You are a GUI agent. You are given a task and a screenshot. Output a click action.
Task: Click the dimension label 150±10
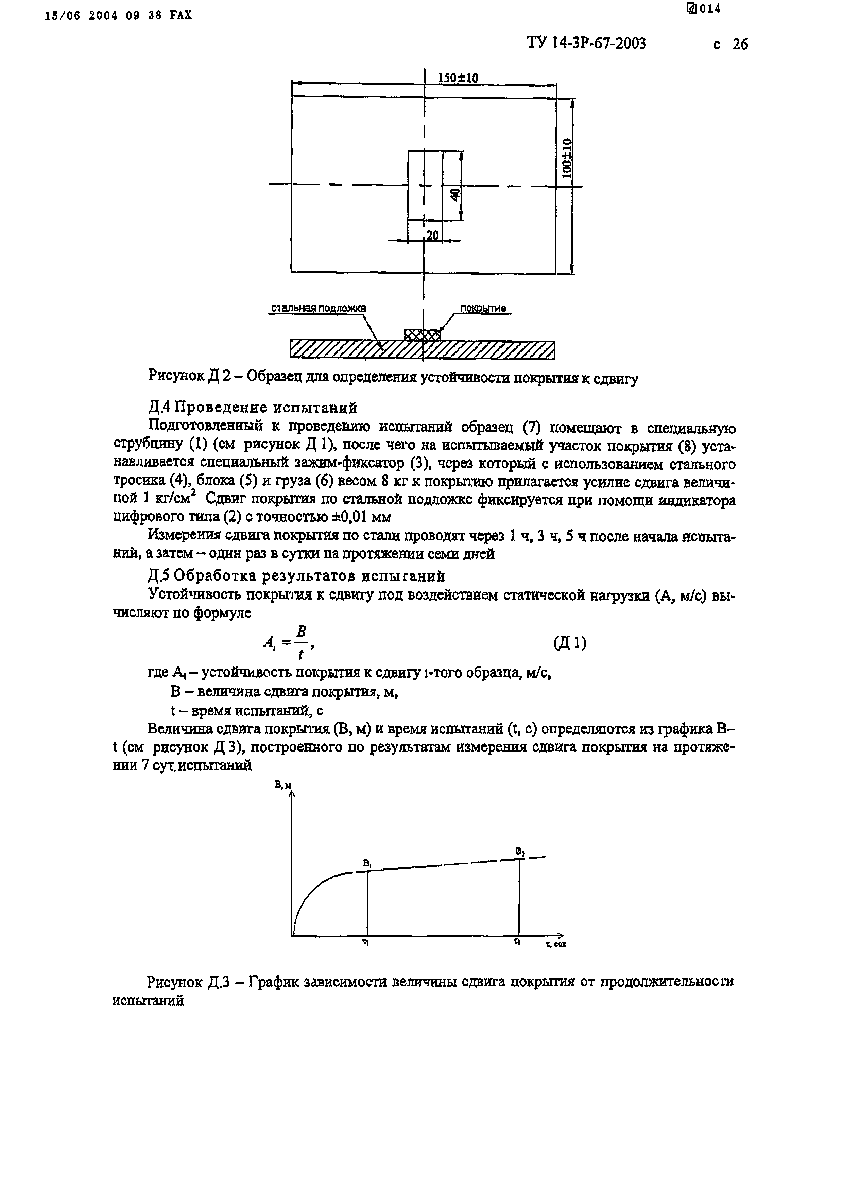(458, 78)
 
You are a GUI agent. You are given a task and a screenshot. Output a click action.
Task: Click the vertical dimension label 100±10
(567, 158)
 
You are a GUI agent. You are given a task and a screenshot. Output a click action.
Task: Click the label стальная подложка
(318, 308)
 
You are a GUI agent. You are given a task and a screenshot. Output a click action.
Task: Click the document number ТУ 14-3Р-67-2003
(587, 43)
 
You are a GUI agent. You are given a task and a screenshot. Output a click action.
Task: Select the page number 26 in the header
(740, 45)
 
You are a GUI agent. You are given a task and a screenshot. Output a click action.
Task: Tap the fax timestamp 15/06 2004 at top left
(83, 16)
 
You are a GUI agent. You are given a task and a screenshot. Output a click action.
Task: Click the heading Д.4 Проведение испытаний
(253, 408)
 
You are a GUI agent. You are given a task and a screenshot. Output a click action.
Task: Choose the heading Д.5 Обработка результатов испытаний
(296, 576)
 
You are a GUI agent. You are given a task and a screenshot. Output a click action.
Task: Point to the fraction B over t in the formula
(301, 643)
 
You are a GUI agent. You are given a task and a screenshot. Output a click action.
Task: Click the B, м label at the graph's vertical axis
(283, 786)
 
